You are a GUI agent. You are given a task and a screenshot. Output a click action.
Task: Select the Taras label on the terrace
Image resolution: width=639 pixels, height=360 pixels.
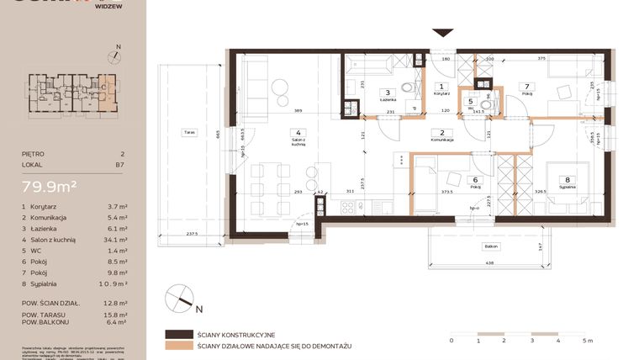click(x=187, y=132)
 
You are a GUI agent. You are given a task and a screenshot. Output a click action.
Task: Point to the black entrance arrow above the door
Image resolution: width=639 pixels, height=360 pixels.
click(x=442, y=33)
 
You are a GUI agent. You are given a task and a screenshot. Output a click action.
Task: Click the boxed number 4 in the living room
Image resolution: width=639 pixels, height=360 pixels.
click(x=298, y=132)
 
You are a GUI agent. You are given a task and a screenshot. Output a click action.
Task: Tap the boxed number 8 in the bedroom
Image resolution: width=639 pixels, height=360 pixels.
click(x=568, y=178)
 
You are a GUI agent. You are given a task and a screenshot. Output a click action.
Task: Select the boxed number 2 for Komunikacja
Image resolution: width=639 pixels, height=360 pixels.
click(x=442, y=132)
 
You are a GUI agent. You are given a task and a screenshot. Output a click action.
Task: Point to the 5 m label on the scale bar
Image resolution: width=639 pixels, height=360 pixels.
click(x=587, y=341)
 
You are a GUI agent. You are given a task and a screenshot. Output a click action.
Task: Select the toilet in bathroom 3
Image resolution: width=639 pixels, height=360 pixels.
click(x=407, y=87)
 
